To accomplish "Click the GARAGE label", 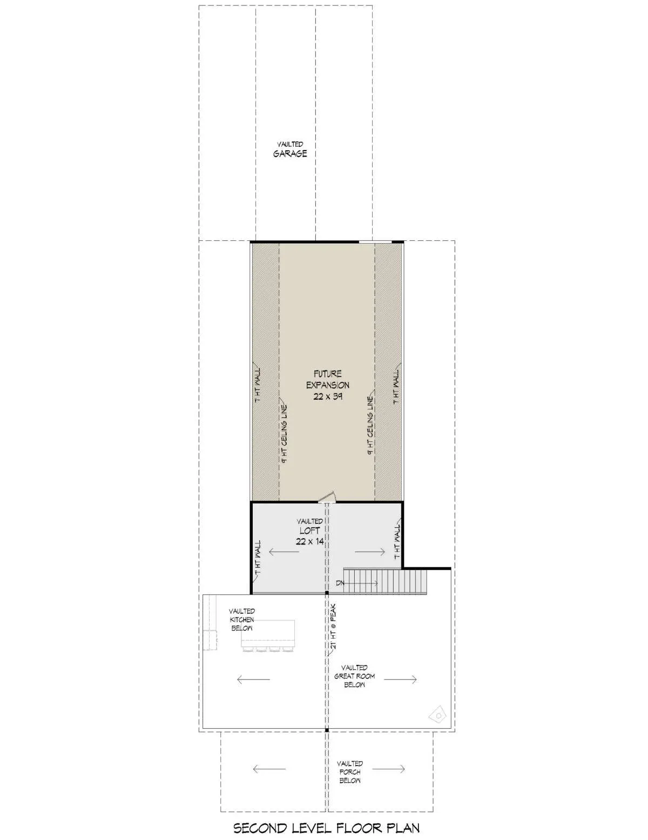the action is pos(290,153).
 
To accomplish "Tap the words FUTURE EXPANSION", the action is pos(328,379).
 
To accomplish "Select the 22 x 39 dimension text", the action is pos(328,396).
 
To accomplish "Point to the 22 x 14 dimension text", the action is pos(309,542).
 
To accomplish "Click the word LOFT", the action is pos(309,531).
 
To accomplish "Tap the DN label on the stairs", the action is pos(340,582).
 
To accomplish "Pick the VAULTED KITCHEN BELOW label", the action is pos(242,620).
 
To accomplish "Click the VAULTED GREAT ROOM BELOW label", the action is pos(354,676).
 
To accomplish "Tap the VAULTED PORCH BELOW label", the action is pos(350,772).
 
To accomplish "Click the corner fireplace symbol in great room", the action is pos(438,716).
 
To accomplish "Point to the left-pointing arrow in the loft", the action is pos(284,552).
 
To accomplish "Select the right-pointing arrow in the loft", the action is pos(370,552).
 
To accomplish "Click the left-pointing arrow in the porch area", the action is pos(269,769).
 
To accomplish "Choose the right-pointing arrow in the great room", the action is pos(400,679).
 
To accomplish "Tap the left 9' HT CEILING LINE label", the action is pos(284,434).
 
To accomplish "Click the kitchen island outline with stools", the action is pos(268,636).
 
